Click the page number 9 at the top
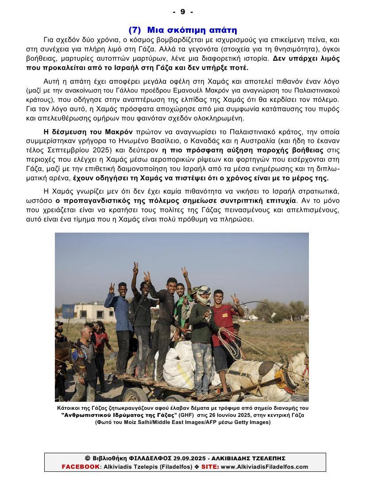(x=183, y=12)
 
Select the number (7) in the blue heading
(x=135, y=30)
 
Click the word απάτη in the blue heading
(x=221, y=30)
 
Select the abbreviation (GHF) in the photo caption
(x=186, y=415)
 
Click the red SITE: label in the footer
(x=210, y=467)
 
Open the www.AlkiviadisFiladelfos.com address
(x=264, y=467)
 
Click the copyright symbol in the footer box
(x=87, y=458)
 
